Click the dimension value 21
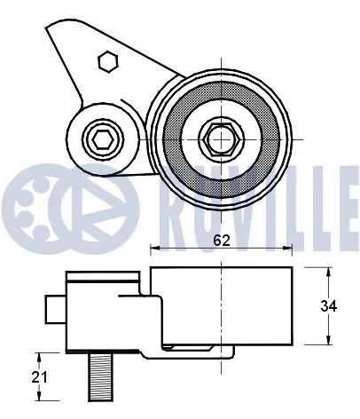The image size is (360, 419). coord(36,377)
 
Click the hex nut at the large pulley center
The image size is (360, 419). coord(218,137)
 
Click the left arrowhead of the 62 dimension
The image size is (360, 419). coord(153,247)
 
